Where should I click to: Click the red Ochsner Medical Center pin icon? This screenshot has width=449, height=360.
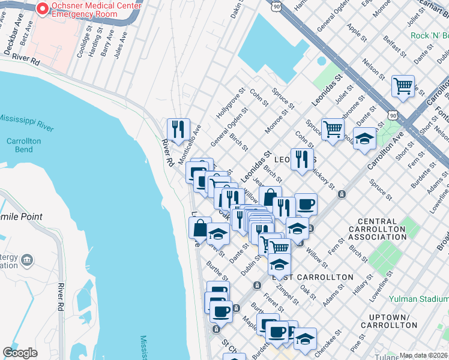pos(42,9)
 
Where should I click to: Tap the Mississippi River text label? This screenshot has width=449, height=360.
pos(27,122)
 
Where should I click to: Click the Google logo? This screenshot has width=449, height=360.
pos(20,353)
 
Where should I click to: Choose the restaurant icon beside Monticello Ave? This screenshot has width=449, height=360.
pos(178,130)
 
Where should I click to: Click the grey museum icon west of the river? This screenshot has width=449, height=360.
pos(27,260)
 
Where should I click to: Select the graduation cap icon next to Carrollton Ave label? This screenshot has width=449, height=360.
pos(364,140)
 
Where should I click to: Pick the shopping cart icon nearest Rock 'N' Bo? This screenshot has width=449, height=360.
pos(403,85)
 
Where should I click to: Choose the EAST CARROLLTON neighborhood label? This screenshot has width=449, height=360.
pos(312,277)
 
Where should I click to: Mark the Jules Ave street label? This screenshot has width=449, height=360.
pos(122,44)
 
